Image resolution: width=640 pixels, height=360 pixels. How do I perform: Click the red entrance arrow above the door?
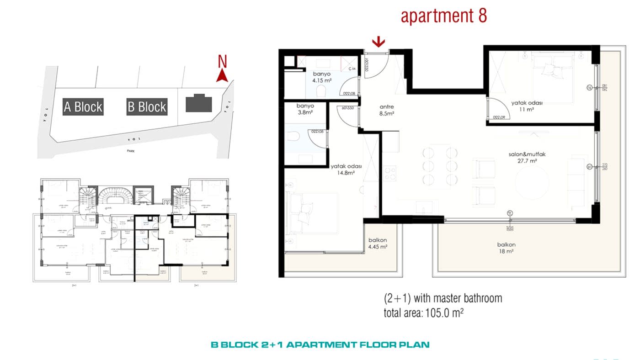[x=378, y=42]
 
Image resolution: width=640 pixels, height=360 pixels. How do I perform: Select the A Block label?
[x=83, y=107]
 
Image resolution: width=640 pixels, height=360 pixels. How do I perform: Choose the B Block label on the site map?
[x=147, y=107]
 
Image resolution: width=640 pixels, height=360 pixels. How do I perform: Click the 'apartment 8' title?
[x=443, y=16]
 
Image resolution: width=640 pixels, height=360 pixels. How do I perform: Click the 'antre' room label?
[x=387, y=107]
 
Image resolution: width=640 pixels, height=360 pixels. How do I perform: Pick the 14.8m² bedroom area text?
[x=346, y=173]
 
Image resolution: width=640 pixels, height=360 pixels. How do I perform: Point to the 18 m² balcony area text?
[x=507, y=251]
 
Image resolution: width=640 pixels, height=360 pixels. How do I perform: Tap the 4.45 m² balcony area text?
[x=378, y=247]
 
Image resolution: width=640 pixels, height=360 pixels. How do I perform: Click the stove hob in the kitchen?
[x=389, y=173]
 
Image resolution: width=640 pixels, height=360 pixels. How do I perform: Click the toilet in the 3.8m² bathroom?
[x=293, y=136]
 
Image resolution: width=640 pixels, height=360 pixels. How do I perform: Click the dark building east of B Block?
[x=199, y=103]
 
